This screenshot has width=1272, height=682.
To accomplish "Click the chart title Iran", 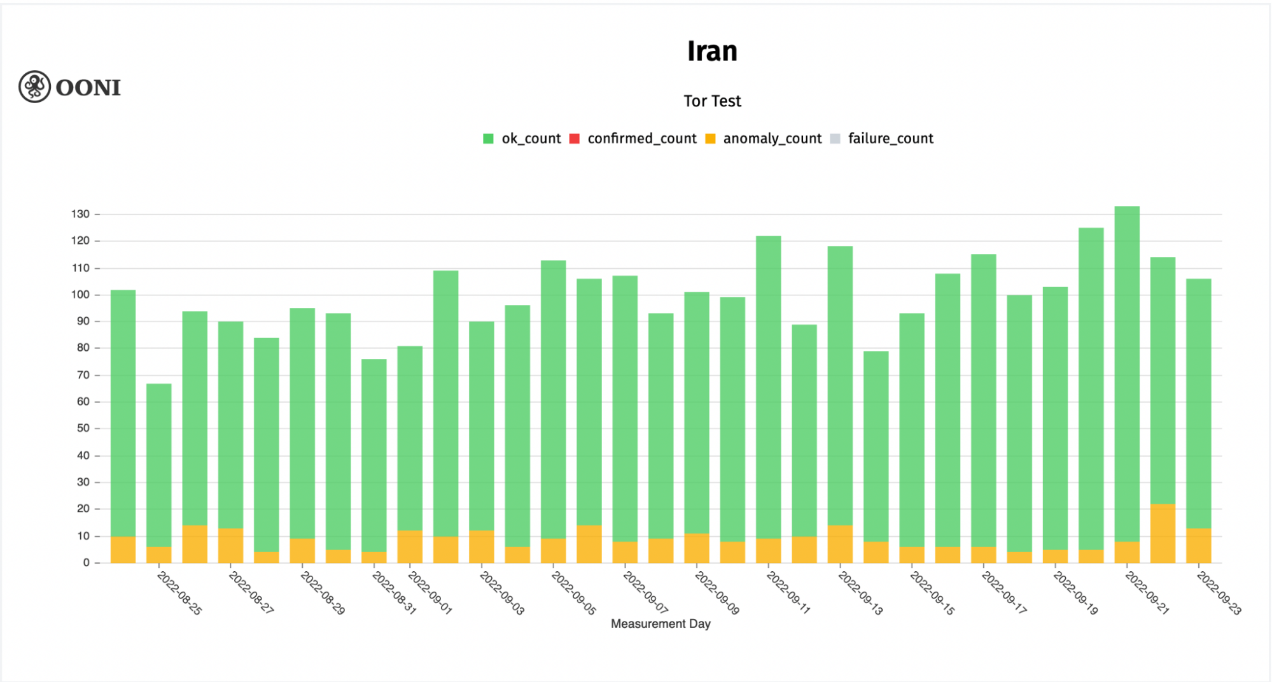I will (x=712, y=51).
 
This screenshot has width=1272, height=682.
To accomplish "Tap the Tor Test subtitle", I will (x=712, y=101).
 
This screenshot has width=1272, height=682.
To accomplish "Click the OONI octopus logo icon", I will (x=34, y=87).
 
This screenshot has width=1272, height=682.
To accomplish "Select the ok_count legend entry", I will (x=522, y=139).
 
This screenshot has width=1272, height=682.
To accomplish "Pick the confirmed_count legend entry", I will (x=633, y=139).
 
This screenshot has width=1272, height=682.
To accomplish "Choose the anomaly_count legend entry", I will (x=764, y=139).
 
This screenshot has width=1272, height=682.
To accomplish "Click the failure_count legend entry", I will (x=882, y=139).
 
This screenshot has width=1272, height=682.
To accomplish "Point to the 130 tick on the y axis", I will (x=81, y=214).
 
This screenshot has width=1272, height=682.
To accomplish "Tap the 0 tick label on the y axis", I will (x=87, y=563).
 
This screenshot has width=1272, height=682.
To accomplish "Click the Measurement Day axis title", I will (x=660, y=624).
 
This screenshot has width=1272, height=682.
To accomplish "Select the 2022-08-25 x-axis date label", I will (x=179, y=593).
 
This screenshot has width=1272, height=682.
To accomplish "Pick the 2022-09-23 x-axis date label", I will (x=1219, y=593).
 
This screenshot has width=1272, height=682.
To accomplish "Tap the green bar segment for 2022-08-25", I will (x=159, y=465).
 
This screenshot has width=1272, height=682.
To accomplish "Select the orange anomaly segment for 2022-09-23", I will (x=1199, y=546).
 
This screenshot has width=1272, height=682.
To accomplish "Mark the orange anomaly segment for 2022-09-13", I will (x=840, y=544).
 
